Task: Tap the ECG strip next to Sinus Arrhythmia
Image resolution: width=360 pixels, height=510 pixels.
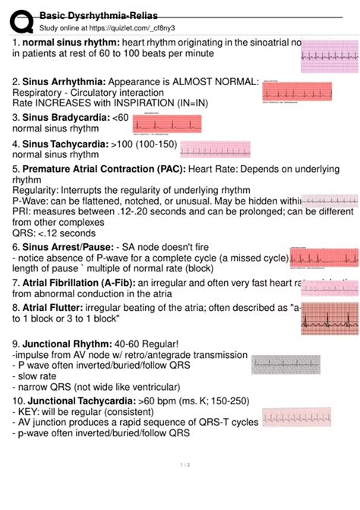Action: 297,91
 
